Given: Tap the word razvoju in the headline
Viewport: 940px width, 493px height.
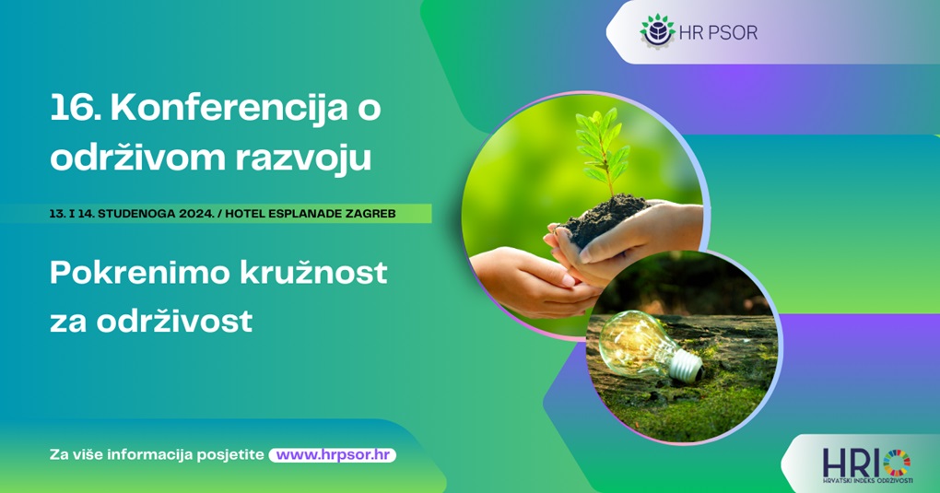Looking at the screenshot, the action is coord(303,159).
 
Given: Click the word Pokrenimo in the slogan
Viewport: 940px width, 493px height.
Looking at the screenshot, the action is coord(140,273).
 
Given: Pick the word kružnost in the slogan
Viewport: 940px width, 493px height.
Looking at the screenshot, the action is coord(313,272).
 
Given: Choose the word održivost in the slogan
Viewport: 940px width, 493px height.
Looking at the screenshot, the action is coord(174,321).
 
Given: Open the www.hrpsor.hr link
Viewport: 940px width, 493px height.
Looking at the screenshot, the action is coord(333,454).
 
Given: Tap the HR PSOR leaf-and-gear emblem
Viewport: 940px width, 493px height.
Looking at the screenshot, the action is coord(658,31).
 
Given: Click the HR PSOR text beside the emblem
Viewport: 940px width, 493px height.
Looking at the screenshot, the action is coord(718,32).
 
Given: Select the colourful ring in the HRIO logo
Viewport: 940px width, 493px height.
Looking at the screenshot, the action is coord(897,464).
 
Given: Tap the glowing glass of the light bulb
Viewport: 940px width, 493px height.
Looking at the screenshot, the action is coord(633,344).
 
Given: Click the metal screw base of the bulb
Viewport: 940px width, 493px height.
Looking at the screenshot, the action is coord(687,365).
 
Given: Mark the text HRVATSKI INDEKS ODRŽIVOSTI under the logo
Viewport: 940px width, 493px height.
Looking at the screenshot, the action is coord(867,480).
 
